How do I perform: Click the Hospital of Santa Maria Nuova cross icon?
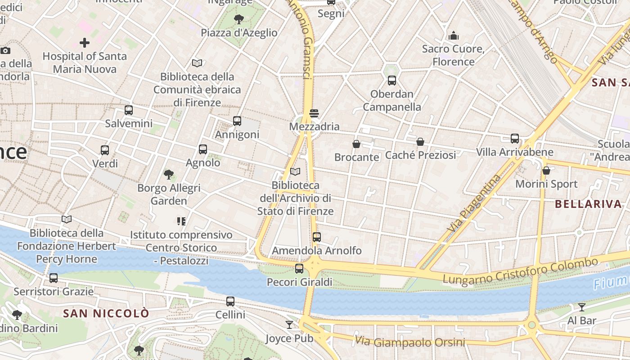pos(85,43)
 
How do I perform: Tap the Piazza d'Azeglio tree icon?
pos(239,19)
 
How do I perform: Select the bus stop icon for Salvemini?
pos(129,110)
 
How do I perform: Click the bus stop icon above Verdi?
pos(105,150)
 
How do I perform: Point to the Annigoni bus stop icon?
pos(237,121)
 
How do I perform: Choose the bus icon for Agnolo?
pos(203,149)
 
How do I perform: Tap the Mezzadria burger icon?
pos(314,113)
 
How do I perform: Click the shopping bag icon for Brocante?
pos(356,144)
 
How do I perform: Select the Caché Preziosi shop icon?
pos(420,142)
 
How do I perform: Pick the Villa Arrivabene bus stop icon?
pos(515,139)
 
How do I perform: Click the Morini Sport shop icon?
pos(546,171)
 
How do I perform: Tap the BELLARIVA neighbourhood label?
pos(588,204)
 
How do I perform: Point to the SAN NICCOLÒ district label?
pos(106,313)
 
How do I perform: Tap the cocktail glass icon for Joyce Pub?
pos(289,324)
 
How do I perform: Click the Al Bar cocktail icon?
pos(582,307)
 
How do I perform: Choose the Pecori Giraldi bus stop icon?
pos(299,269)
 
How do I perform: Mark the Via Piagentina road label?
pos(474,203)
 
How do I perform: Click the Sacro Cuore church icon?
pos(454,35)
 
